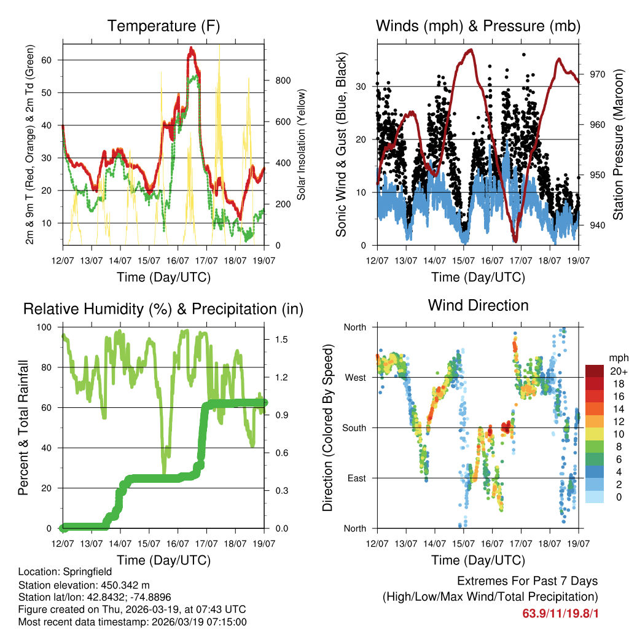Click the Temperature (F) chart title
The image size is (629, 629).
click(163, 26)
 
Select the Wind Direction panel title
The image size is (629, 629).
click(478, 305)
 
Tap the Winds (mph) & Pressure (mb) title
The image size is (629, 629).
click(478, 26)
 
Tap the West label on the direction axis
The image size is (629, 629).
click(355, 377)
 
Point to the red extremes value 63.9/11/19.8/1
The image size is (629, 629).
click(560, 613)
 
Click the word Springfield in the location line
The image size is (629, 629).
click(82, 571)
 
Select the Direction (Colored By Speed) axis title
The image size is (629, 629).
click(327, 428)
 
